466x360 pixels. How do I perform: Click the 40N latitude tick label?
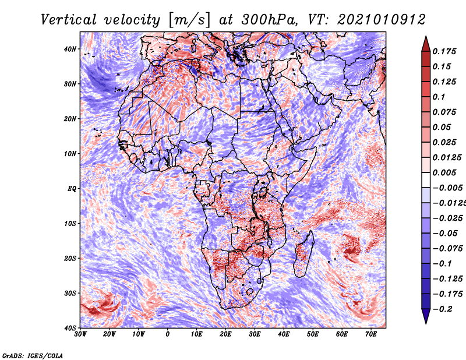pos(70,49)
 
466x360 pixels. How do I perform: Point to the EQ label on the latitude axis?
pos(72,189)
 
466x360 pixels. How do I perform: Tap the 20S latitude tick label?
pos(70,258)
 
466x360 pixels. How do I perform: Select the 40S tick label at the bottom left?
pos(70,328)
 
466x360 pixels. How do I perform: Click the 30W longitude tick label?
pos(80,334)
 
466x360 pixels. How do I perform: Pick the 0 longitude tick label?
pos(168,334)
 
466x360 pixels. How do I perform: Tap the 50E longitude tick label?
pos(313,334)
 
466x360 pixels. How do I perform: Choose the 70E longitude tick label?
pos(370,334)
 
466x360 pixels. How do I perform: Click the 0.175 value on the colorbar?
pos(444,51)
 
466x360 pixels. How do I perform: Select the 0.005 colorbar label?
pos(444,172)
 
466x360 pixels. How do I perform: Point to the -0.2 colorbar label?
pos(443,309)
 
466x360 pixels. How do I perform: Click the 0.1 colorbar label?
pos(439,97)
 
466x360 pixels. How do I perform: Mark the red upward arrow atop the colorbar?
pos(426,44)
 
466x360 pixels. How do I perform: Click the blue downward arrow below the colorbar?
pos(426,316)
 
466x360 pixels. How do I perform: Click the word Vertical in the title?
pos(69,20)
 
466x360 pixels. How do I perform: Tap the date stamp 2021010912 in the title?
pos(382,20)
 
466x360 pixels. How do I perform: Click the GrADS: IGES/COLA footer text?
pos(33,355)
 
